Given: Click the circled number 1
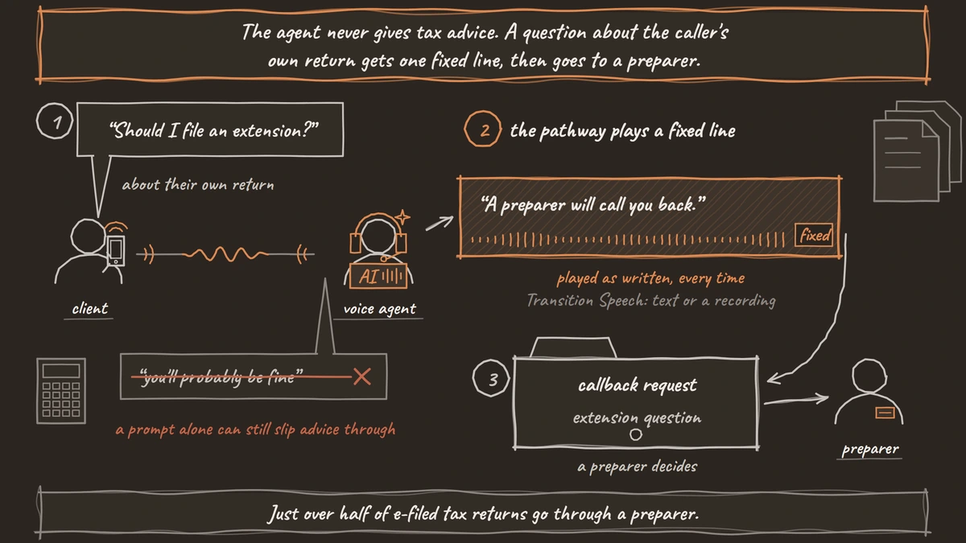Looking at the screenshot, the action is point(55,121).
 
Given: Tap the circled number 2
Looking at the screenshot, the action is point(482,129).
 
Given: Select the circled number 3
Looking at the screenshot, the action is point(491,378).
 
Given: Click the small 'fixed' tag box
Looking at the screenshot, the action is point(814,235).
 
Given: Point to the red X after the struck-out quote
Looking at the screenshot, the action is point(361,376).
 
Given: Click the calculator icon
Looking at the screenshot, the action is point(61,391).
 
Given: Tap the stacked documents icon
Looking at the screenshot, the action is point(917,151).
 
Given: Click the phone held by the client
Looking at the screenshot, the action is point(116,250).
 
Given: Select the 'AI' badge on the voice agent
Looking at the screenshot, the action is point(378,276).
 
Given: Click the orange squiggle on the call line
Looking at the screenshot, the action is point(226,254).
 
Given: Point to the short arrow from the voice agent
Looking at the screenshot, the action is point(440,224).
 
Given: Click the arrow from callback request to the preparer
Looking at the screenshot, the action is point(796,400).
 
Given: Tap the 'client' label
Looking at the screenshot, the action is point(89,309).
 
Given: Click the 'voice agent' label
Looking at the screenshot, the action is point(379,309).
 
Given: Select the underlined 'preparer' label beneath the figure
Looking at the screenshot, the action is point(870,449).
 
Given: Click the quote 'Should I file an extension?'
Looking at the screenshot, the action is point(213,130).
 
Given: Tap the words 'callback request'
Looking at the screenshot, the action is point(637,385).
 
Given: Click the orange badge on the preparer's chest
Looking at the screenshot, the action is point(885,413).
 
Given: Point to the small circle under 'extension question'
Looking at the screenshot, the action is point(636,434).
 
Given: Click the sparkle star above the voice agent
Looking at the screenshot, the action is point(402,217).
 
